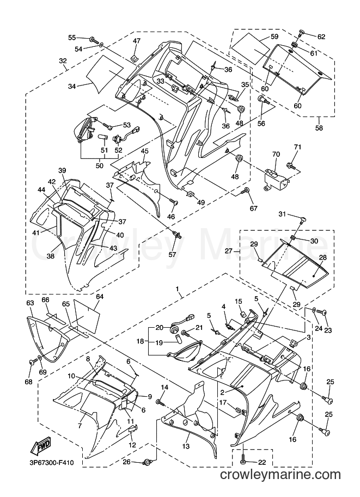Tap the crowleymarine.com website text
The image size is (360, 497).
(280, 475)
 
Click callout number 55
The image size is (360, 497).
(72, 38)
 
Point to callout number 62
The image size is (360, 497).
(321, 37)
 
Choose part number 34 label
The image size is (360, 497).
(72, 86)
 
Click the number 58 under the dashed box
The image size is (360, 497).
(319, 128)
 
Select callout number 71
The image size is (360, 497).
(297, 147)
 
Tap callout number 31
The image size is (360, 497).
(282, 214)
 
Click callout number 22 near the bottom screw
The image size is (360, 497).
(261, 463)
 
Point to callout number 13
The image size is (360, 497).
(186, 446)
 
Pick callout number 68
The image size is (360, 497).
(28, 382)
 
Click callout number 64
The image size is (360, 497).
(100, 297)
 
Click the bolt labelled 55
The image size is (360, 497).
(94, 40)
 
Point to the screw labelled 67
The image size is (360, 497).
(246, 191)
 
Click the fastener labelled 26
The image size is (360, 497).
(147, 462)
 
